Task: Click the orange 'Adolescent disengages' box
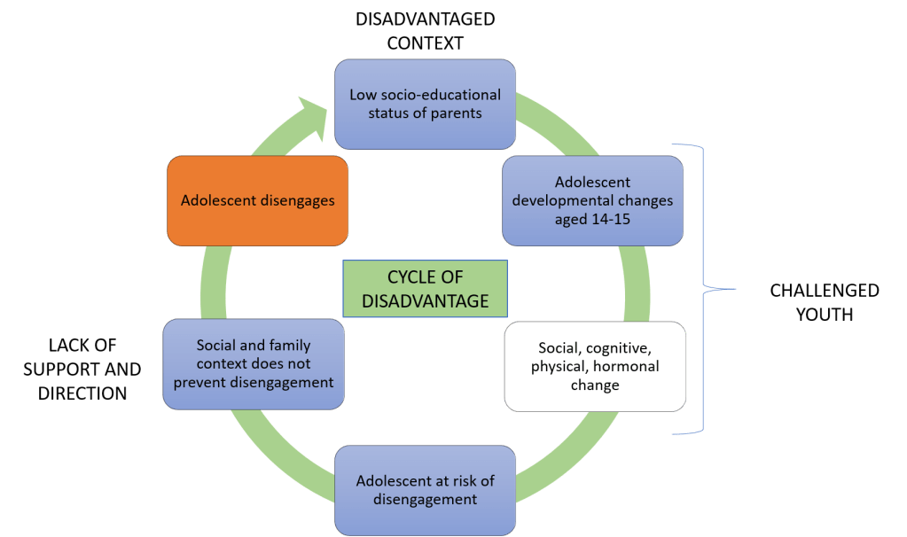coord(257,200)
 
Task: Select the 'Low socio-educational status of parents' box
coord(425,103)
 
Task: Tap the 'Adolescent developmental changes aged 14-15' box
coord(593,200)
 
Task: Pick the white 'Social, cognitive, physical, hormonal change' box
coord(595,366)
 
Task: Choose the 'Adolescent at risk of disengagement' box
coord(425,490)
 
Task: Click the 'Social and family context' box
coord(254,364)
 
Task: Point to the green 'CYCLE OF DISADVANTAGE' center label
coord(425,289)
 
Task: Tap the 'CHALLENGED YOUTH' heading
coord(824,301)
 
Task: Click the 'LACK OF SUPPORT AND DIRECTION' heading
coord(82,369)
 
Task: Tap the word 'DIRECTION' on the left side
coord(82,392)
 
